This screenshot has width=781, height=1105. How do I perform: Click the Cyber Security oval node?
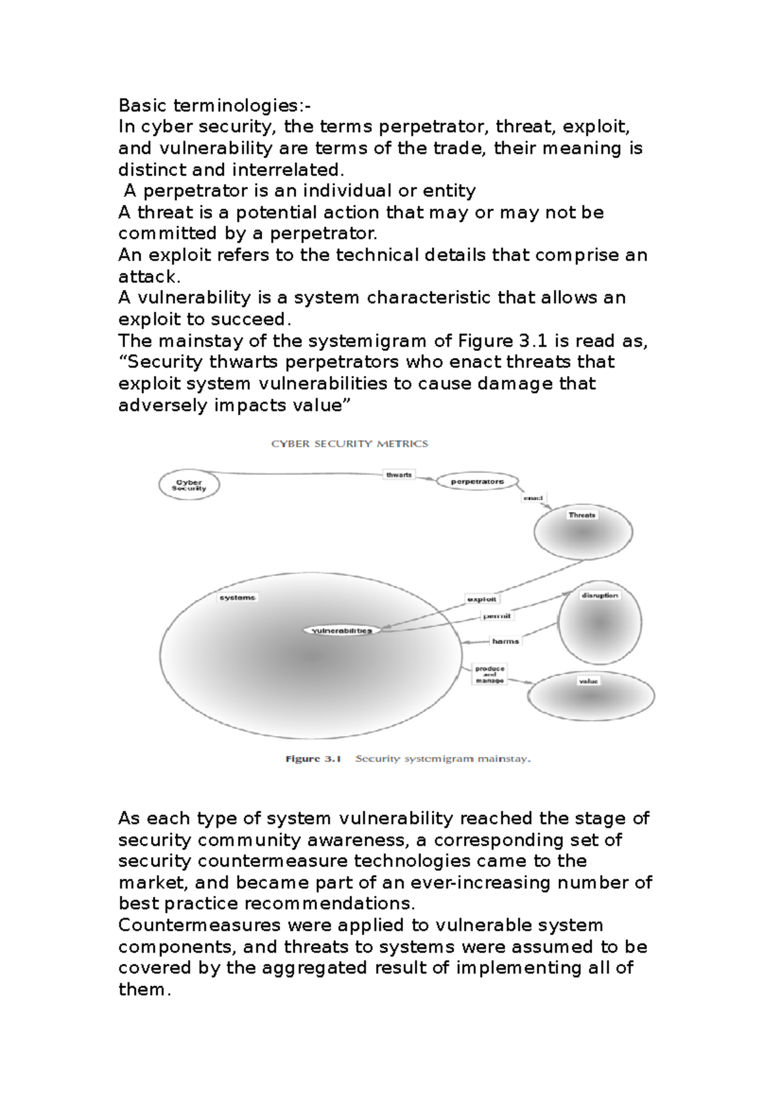coord(189,485)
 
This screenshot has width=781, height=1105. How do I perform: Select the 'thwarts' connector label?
coord(399,475)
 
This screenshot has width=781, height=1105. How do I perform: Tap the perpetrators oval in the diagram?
coord(477,482)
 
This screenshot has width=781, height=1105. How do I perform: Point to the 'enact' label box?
coord(534,498)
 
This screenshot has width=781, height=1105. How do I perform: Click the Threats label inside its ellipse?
coord(582,515)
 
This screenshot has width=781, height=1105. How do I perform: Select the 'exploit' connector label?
coord(482,599)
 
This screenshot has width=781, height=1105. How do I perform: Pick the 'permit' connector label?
coord(497,616)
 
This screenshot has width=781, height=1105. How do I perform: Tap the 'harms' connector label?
coord(505,641)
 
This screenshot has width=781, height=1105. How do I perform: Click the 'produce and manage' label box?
coord(489,674)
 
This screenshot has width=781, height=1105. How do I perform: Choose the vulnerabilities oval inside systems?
coord(342,630)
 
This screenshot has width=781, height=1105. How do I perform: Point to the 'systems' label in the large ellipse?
coord(237,597)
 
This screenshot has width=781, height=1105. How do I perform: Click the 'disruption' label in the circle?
coord(599,595)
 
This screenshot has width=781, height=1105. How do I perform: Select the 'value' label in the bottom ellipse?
coord(588,681)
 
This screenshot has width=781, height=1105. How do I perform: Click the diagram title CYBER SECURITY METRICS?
coord(349,444)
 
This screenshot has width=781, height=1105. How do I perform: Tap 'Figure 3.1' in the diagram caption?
coord(314,759)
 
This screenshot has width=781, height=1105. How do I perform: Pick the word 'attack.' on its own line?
coord(148,277)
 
